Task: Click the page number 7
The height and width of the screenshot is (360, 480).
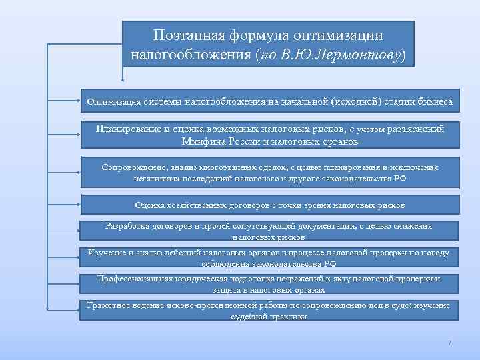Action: (x=449, y=343)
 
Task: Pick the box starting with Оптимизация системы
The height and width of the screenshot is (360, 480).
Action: (x=269, y=102)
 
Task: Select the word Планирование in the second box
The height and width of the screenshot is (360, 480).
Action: (x=128, y=128)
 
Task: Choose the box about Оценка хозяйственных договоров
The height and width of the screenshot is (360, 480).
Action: (x=269, y=205)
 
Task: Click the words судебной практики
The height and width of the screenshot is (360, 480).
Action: (x=269, y=317)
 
